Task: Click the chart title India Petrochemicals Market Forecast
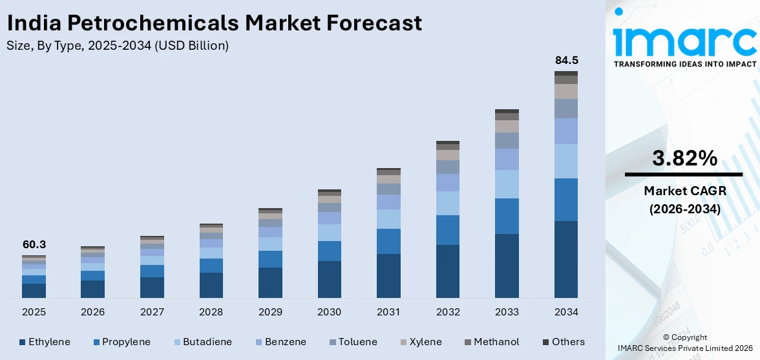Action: (214, 23)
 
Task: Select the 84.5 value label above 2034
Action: (566, 60)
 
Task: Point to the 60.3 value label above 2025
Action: (34, 244)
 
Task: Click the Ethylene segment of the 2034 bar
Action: (566, 259)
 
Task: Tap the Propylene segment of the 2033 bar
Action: (507, 216)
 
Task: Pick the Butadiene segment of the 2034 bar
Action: (566, 161)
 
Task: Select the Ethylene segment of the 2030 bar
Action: (329, 279)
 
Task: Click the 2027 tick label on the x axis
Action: (152, 312)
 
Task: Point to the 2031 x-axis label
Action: (388, 312)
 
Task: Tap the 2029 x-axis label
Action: (270, 312)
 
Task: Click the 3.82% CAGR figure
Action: (684, 158)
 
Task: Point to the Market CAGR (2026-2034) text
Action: (684, 200)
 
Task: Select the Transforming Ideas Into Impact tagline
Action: (684, 64)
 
